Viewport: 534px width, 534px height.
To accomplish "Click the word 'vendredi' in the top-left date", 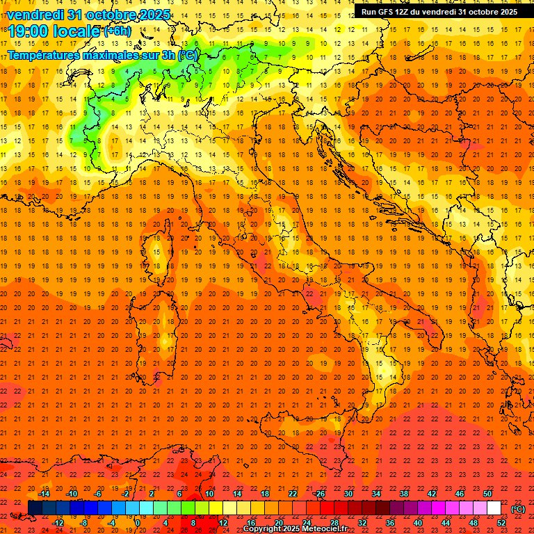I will click(x=37, y=14).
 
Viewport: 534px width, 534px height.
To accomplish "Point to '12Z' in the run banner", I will click(x=407, y=12).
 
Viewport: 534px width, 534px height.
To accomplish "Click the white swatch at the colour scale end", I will click(x=494, y=508).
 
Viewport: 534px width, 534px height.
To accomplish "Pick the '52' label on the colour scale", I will click(x=501, y=524).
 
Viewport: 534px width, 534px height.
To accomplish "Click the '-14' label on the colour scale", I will click(x=43, y=494).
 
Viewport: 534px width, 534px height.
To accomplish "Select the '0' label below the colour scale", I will click(x=137, y=524).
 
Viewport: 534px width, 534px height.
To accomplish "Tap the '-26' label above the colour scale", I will click(x=319, y=494).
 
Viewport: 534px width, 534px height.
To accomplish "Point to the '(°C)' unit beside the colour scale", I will click(x=517, y=508).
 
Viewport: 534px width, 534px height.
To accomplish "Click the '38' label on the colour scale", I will click(x=404, y=494).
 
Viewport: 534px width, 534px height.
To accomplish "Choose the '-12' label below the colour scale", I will click(x=58, y=524).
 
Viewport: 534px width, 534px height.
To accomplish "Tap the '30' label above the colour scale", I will click(x=348, y=494).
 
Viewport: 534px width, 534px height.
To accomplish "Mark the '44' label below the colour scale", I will click(x=446, y=524).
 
